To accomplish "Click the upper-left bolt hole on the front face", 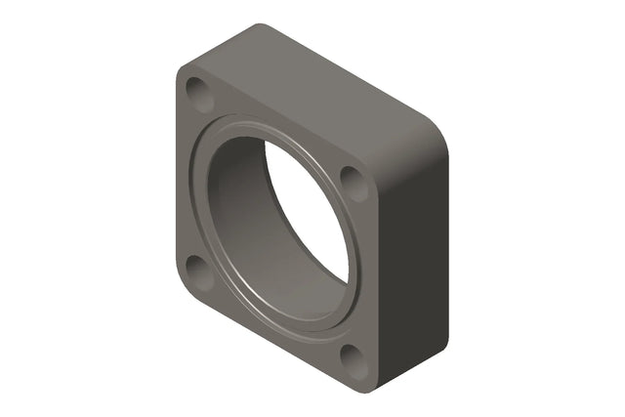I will coord(199,95).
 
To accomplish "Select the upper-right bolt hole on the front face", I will coord(353,183).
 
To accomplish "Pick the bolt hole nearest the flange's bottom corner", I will coord(353,360).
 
